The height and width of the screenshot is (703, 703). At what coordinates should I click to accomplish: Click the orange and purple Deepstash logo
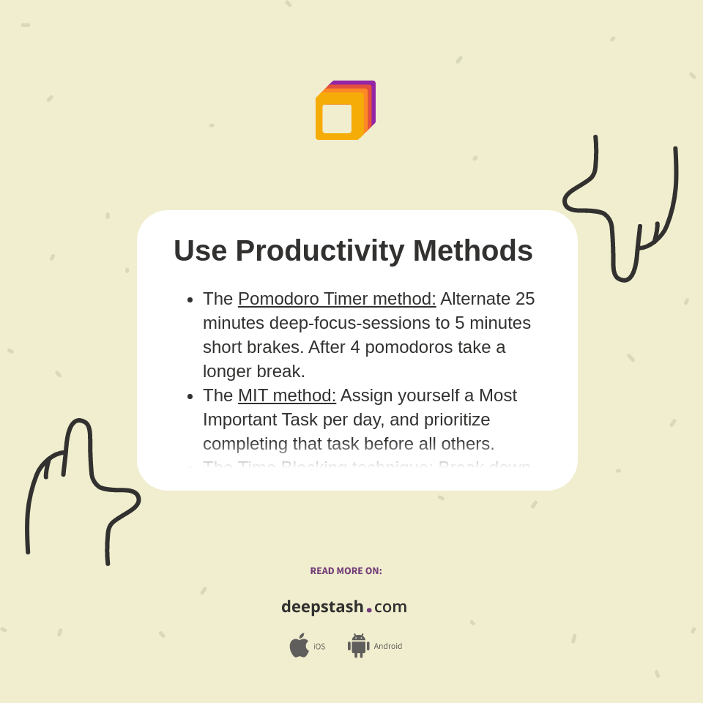click(x=345, y=111)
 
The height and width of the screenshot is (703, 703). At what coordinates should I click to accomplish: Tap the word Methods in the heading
click(x=472, y=250)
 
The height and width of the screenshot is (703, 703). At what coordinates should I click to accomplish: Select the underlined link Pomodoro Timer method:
click(x=337, y=299)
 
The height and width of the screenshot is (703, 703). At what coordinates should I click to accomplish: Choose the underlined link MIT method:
click(x=287, y=395)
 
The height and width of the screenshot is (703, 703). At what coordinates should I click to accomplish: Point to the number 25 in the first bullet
click(x=525, y=299)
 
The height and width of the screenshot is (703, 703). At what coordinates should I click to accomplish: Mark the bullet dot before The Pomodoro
click(x=190, y=300)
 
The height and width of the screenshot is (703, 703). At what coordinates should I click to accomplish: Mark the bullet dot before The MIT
click(x=190, y=396)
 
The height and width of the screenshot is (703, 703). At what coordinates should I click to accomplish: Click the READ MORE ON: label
click(x=346, y=571)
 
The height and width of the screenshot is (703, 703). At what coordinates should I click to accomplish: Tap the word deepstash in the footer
click(x=322, y=606)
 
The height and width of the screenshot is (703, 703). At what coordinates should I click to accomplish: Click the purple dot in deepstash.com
click(x=369, y=609)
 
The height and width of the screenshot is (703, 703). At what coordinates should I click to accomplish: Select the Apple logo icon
click(x=299, y=645)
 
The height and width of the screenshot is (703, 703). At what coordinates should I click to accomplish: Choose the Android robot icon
click(x=358, y=646)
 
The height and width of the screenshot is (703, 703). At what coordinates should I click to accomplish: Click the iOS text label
click(x=319, y=647)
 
